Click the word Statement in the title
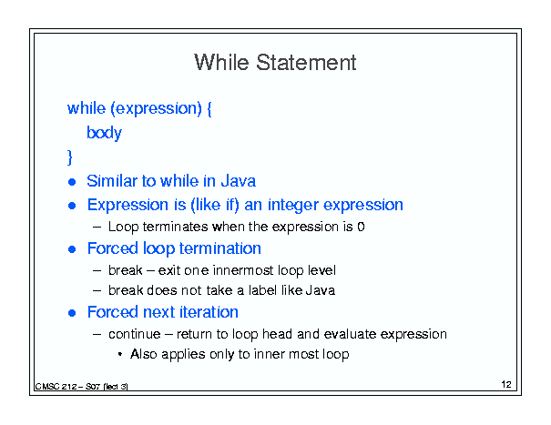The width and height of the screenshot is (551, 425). tap(306, 63)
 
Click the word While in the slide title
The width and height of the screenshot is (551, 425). tap(221, 63)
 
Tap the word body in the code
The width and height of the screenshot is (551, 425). tap(104, 133)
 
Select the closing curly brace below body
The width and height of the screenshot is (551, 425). tap(70, 157)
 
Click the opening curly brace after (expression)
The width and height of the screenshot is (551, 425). tap(209, 109)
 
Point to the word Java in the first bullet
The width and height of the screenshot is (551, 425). tap(238, 181)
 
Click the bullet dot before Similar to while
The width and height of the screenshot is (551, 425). tap(72, 182)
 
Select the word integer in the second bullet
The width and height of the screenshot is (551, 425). tap(293, 206)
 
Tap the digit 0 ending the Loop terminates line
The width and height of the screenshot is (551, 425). tap(361, 227)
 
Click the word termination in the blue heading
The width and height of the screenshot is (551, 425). tap(222, 248)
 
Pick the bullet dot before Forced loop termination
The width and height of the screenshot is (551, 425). tap(72, 249)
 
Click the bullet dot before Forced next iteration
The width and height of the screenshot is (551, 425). tap(72, 313)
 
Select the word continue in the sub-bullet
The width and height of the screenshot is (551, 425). tap(134, 334)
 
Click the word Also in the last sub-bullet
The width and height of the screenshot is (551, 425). tap(143, 354)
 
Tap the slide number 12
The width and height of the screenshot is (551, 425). tap(506, 384)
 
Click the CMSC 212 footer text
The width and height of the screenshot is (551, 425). tap(82, 387)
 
